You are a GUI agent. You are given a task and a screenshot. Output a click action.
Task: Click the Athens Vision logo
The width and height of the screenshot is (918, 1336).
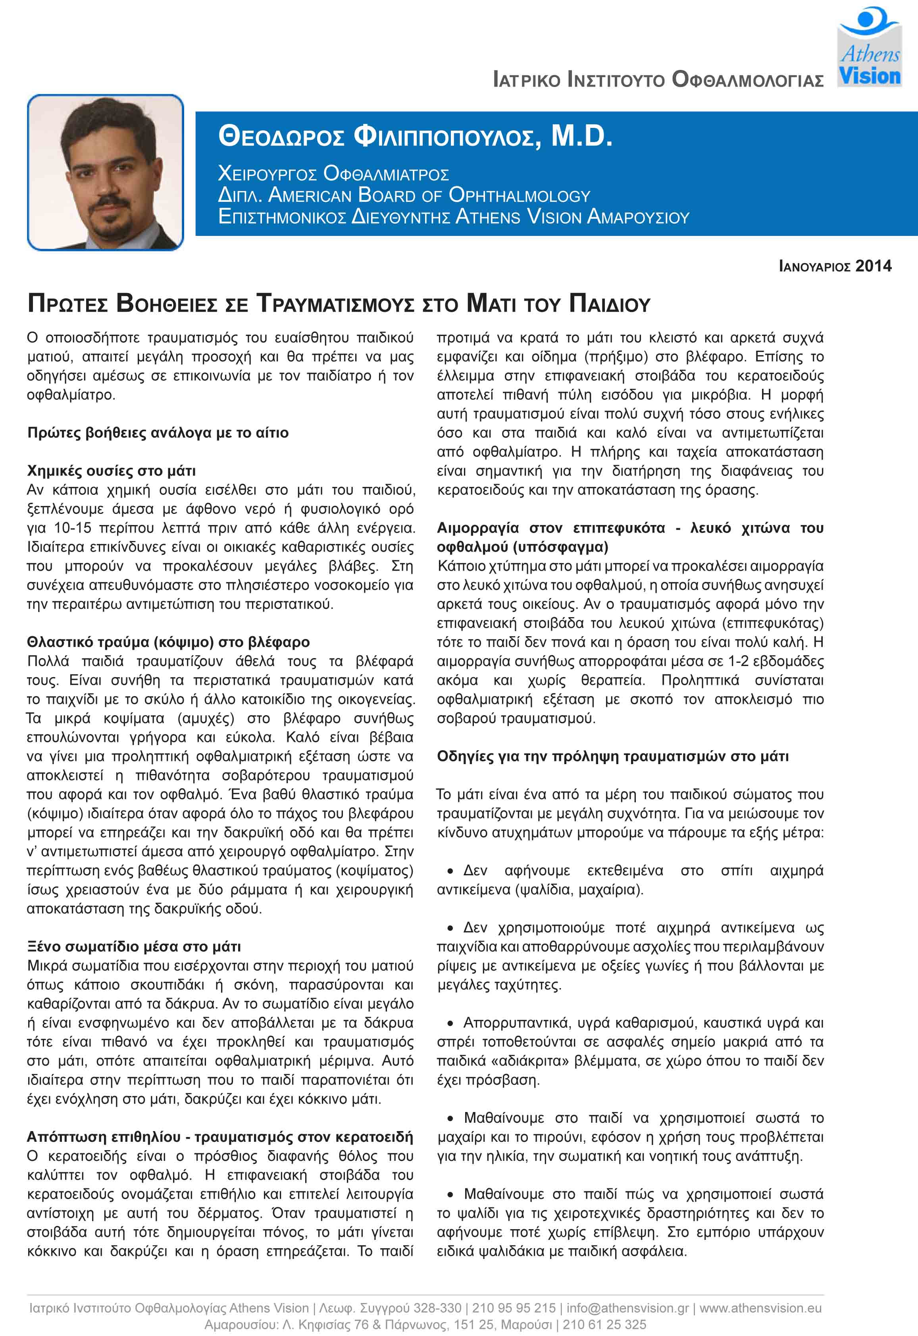point(868,47)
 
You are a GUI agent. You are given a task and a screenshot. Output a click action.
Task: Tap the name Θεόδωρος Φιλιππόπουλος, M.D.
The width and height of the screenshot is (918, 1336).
point(415,137)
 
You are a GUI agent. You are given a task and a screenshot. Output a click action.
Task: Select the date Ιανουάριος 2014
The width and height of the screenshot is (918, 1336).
point(835,266)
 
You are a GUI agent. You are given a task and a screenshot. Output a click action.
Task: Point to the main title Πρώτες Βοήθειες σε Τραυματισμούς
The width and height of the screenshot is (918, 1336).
point(339,303)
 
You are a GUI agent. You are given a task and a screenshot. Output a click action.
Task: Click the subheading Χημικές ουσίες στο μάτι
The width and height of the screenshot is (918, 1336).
point(112,471)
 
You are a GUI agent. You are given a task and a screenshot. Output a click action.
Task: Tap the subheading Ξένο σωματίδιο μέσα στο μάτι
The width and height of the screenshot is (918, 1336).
point(134,946)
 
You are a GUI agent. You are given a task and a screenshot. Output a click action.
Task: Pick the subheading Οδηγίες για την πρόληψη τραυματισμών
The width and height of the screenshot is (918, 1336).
point(612,756)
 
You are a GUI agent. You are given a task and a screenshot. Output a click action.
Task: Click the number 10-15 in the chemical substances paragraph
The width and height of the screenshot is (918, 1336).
point(73,528)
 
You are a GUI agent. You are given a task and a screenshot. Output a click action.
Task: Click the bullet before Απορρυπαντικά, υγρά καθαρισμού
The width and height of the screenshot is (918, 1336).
point(451,1023)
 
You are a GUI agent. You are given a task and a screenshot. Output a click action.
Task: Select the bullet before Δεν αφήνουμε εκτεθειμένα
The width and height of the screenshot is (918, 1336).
point(451,871)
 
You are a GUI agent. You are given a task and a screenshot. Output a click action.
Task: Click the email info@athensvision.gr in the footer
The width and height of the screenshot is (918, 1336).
point(627,1308)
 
